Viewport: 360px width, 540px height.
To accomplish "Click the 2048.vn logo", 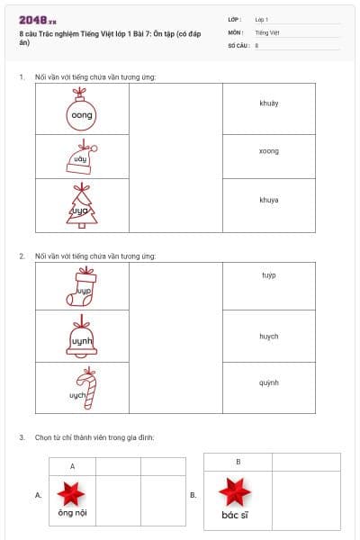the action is (x=38, y=20).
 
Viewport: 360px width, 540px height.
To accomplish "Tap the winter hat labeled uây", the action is (x=80, y=158).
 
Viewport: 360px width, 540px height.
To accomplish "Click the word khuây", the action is (x=268, y=103).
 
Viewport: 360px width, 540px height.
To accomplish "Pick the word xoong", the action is (x=268, y=151).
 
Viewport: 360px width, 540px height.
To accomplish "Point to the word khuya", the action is (x=268, y=199).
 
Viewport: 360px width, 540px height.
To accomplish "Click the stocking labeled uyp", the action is (x=82, y=287).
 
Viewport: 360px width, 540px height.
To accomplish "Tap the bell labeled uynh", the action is (x=82, y=337).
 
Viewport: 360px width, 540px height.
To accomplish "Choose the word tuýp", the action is (x=268, y=274).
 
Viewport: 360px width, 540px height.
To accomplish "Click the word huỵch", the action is (x=268, y=337).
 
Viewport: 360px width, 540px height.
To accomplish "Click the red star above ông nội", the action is (x=71, y=493).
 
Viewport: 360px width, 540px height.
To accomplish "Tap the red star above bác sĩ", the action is (x=237, y=492).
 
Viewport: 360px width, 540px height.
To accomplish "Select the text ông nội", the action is (x=72, y=514).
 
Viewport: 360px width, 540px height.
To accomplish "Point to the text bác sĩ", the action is (x=237, y=516).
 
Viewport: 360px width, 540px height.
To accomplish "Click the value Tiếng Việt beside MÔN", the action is (x=267, y=31).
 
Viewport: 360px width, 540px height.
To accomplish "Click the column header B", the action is (x=238, y=462).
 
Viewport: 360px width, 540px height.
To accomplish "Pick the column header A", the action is (x=72, y=466).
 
